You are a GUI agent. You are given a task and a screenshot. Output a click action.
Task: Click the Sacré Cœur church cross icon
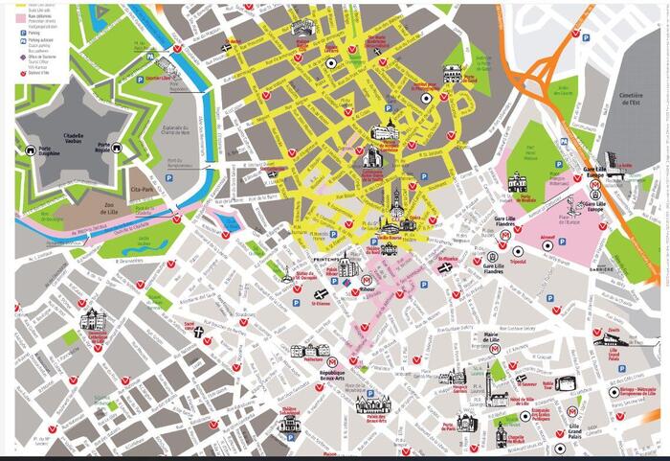(x=198, y=333)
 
